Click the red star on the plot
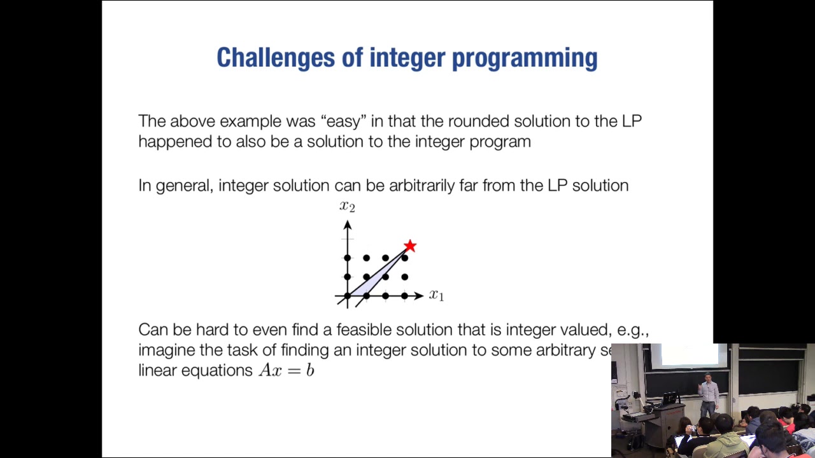(410, 246)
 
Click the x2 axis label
(347, 206)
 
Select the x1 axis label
(436, 295)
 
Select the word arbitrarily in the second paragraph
(422, 186)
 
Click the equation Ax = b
(287, 370)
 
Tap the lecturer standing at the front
(709, 394)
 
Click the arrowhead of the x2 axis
(347, 225)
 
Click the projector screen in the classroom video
(688, 357)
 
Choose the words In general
(175, 186)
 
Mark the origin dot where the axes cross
(347, 296)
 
